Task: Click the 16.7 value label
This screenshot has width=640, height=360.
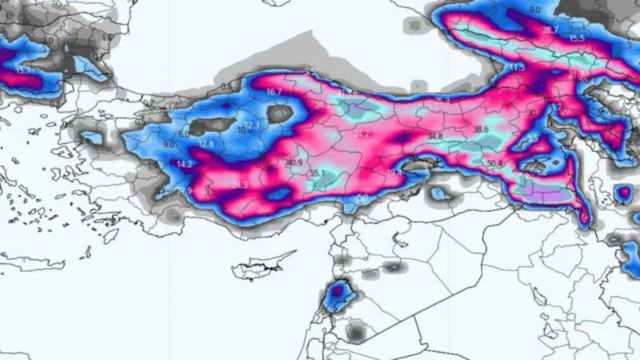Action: point(274,93)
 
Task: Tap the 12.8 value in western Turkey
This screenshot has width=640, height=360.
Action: point(206,144)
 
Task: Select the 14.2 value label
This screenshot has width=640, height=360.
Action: point(185,165)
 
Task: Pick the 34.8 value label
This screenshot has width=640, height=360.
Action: point(434,137)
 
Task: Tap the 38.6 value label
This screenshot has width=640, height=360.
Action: point(481,129)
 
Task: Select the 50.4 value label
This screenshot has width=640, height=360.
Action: point(494,164)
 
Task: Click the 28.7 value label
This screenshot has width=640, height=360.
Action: point(550,30)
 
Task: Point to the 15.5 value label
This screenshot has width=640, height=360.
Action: point(577,38)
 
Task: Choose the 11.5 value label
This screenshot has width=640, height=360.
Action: point(517,68)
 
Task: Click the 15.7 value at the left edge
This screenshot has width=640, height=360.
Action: point(23,70)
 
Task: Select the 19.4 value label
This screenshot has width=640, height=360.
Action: point(395,171)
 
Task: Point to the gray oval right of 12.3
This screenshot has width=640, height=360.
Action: point(280,114)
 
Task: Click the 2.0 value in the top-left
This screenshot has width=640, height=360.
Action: point(48,39)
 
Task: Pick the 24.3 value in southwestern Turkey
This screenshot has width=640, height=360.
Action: point(239,186)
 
